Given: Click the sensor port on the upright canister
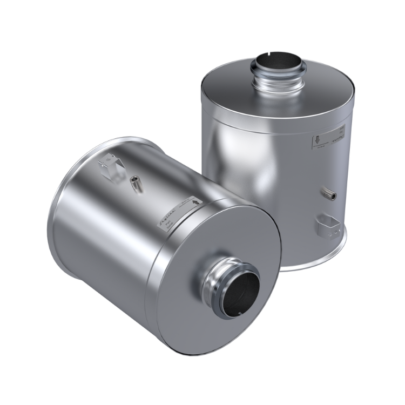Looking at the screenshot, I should coord(328,192).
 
